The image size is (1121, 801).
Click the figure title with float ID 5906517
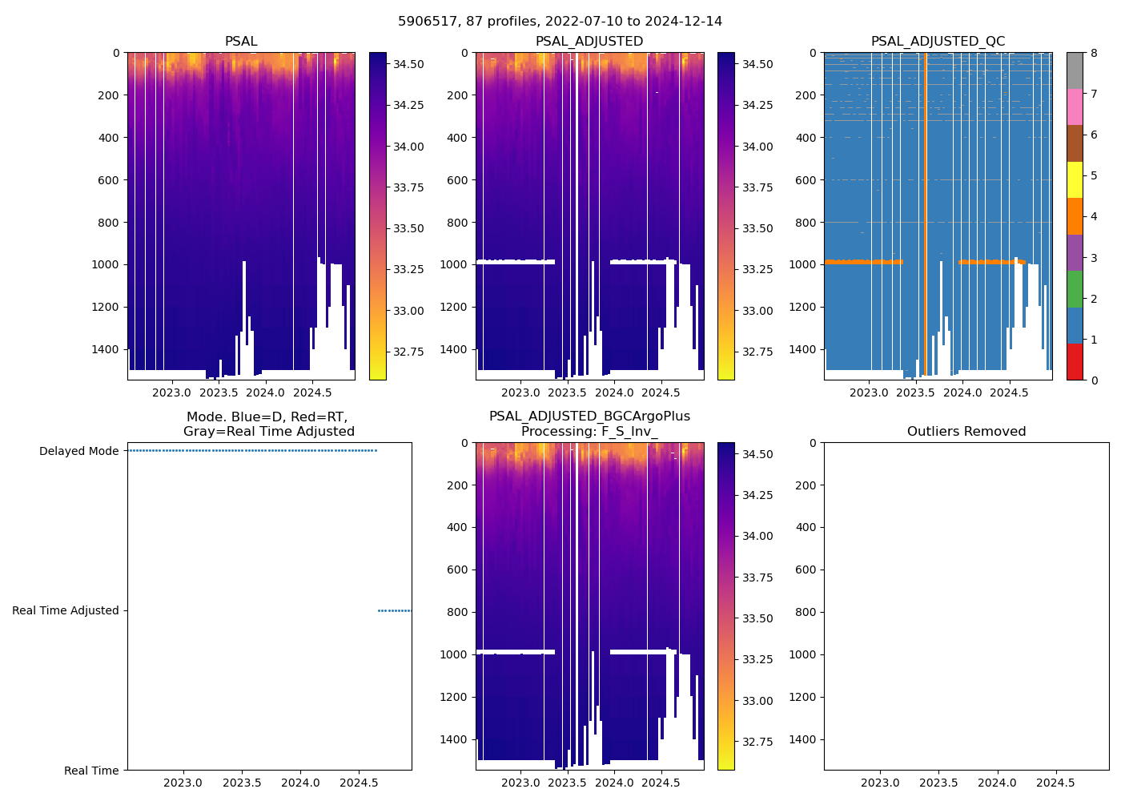click(x=560, y=22)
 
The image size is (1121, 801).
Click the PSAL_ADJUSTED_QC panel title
click(x=938, y=42)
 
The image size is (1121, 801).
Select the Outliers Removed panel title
click(x=966, y=432)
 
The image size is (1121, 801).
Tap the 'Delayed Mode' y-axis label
click(x=78, y=451)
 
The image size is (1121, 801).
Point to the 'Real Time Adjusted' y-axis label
click(x=65, y=610)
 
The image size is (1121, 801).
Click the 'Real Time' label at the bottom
click(x=91, y=771)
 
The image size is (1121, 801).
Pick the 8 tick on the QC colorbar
click(x=1094, y=53)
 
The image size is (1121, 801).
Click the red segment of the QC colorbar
click(x=1075, y=362)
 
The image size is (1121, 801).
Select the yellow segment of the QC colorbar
click(x=1075, y=180)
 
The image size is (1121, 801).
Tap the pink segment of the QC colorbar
click(x=1075, y=107)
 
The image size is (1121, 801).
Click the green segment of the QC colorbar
click(x=1075, y=289)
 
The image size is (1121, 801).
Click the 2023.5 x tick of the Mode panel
click(x=242, y=783)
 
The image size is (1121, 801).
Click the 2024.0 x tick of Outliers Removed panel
click(x=997, y=783)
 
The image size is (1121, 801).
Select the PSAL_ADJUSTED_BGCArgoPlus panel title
click(x=589, y=424)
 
